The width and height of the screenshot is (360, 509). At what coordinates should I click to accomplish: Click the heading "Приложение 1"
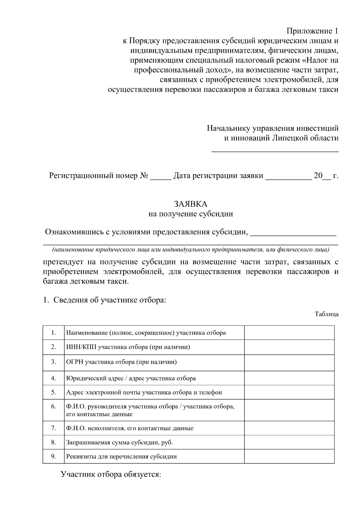click(312, 31)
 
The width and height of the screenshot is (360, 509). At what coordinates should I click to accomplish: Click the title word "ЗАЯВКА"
click(191, 204)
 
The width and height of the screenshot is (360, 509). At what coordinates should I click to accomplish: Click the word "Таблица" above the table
click(326, 314)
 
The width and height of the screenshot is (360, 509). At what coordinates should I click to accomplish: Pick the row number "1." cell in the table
click(53, 333)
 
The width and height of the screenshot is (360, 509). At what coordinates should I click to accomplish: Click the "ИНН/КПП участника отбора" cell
click(128, 347)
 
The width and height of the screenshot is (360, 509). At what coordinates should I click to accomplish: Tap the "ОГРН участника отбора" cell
click(121, 362)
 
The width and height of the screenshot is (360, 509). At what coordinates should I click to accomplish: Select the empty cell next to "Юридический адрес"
click(289, 378)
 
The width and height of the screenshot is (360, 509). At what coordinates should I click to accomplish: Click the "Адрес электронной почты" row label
click(144, 392)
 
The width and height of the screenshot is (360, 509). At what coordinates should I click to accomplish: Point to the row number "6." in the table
click(53, 407)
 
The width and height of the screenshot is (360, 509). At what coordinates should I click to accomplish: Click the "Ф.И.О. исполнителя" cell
click(130, 428)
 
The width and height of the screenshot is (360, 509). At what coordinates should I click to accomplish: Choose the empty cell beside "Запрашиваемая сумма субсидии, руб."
click(289, 442)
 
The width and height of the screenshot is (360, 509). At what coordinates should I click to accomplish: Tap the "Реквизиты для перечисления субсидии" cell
click(121, 457)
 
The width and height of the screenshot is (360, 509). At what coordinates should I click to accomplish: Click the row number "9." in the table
click(53, 457)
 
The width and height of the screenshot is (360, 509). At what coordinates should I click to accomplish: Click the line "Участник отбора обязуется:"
click(111, 475)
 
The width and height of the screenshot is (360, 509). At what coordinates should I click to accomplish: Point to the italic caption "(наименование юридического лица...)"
click(191, 250)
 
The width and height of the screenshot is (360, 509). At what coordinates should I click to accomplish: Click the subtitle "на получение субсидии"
click(191, 214)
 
